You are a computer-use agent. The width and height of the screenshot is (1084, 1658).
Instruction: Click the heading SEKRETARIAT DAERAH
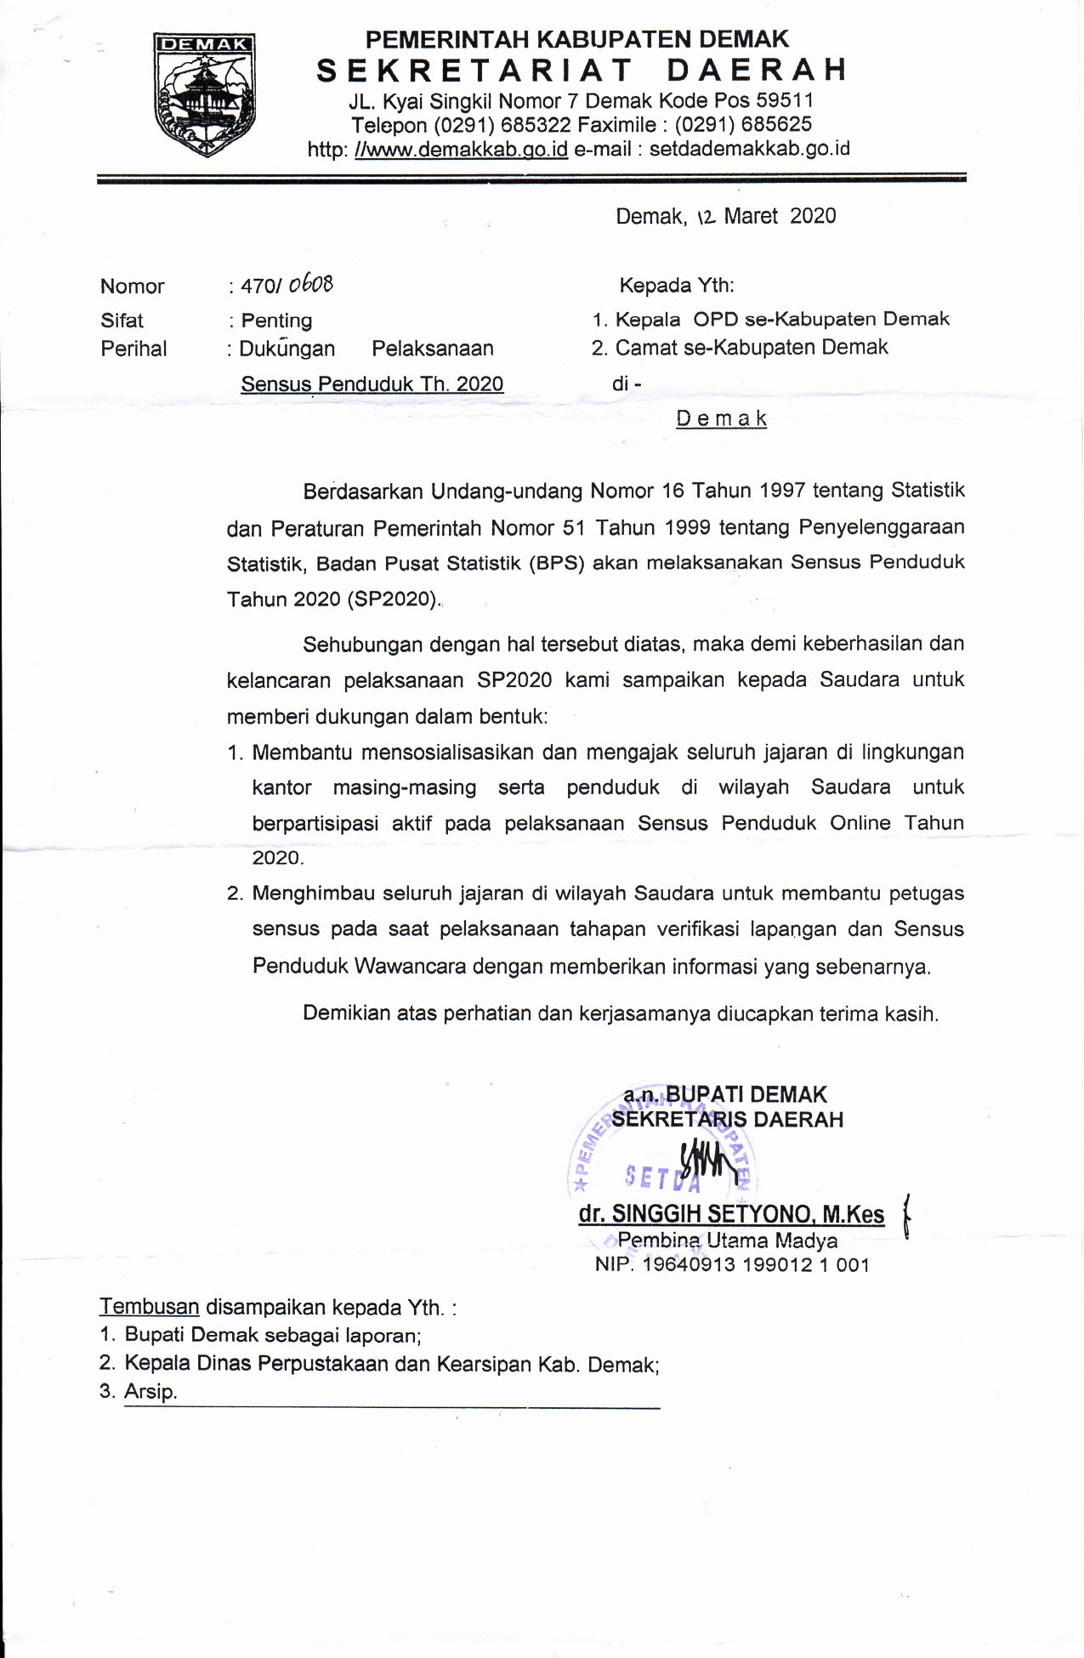[582, 70]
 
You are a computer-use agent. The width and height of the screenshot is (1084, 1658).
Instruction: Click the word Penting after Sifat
[276, 321]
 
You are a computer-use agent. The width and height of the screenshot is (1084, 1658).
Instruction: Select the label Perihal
[133, 349]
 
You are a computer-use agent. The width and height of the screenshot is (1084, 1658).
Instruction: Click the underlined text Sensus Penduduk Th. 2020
[372, 384]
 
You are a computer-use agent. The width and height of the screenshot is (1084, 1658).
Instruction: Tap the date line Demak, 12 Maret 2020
[725, 216]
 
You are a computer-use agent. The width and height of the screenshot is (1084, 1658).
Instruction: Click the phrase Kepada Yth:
[677, 285]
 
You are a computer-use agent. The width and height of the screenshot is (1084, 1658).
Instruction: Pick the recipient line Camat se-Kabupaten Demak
[751, 347]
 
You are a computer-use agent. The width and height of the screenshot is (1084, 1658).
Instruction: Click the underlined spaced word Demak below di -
[722, 418]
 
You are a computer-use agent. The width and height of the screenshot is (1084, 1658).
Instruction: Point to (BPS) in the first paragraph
[555, 563]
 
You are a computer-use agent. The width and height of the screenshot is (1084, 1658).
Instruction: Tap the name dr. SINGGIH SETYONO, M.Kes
[731, 1214]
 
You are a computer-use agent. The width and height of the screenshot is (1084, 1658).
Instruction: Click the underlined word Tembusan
[150, 1306]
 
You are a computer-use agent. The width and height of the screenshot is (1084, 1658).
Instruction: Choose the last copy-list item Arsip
[150, 1393]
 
